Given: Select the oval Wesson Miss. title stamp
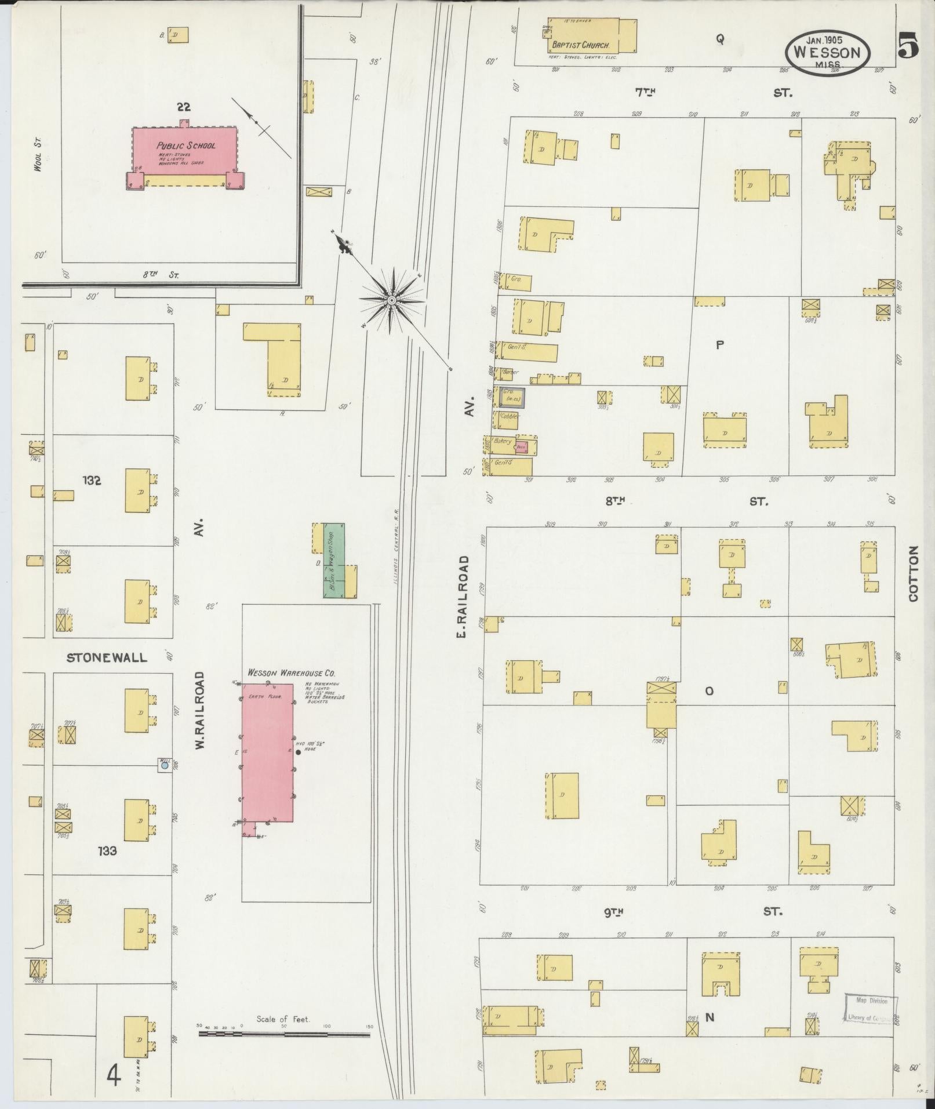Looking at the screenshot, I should [x=827, y=52].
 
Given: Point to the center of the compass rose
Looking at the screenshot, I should [x=392, y=300].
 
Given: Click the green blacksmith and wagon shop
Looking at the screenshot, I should [x=333, y=560].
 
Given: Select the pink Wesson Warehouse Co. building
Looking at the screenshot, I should [x=267, y=752].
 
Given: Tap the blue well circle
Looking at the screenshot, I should [x=165, y=765].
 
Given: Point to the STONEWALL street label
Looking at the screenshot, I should [x=107, y=657].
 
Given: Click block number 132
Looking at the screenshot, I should [x=92, y=480].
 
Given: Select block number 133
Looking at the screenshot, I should [x=107, y=850].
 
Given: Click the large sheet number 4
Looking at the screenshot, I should [x=114, y=1077].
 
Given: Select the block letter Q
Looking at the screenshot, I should [x=719, y=39].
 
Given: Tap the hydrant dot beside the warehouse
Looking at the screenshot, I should [x=298, y=752].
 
